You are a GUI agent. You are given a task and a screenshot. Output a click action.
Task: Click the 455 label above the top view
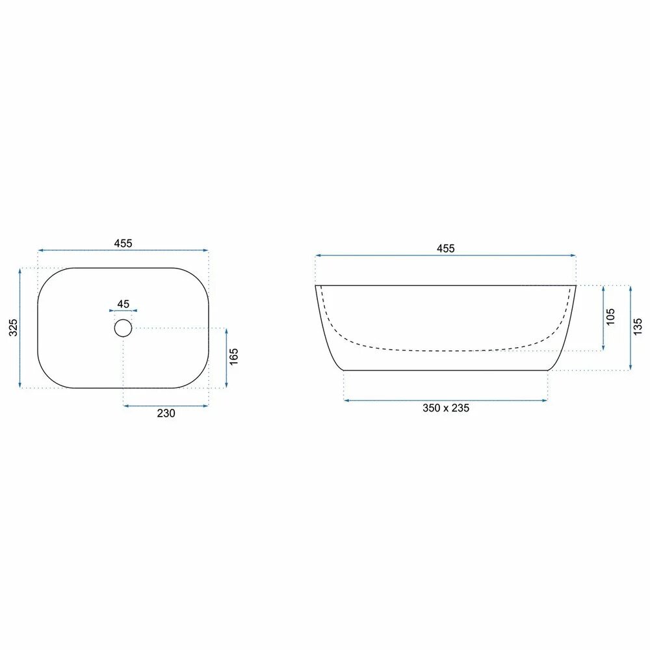pyautogui.click(x=123, y=243)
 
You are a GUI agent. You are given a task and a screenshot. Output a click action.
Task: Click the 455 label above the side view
pyautogui.click(x=446, y=248)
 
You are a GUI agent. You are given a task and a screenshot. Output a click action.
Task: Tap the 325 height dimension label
pyautogui.click(x=13, y=328)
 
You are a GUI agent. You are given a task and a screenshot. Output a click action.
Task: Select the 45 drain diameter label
pyautogui.click(x=123, y=304)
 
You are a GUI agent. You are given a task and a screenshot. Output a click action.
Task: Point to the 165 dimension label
pyautogui.click(x=234, y=356)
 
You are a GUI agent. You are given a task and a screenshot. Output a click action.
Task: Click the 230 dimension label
pyautogui.click(x=166, y=413)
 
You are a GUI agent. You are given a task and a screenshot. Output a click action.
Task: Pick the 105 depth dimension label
pyautogui.click(x=610, y=317)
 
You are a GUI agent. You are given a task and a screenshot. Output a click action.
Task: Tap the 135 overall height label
pyautogui.click(x=638, y=327)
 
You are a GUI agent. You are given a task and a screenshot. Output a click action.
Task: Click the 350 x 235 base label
pyautogui.click(x=446, y=408)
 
